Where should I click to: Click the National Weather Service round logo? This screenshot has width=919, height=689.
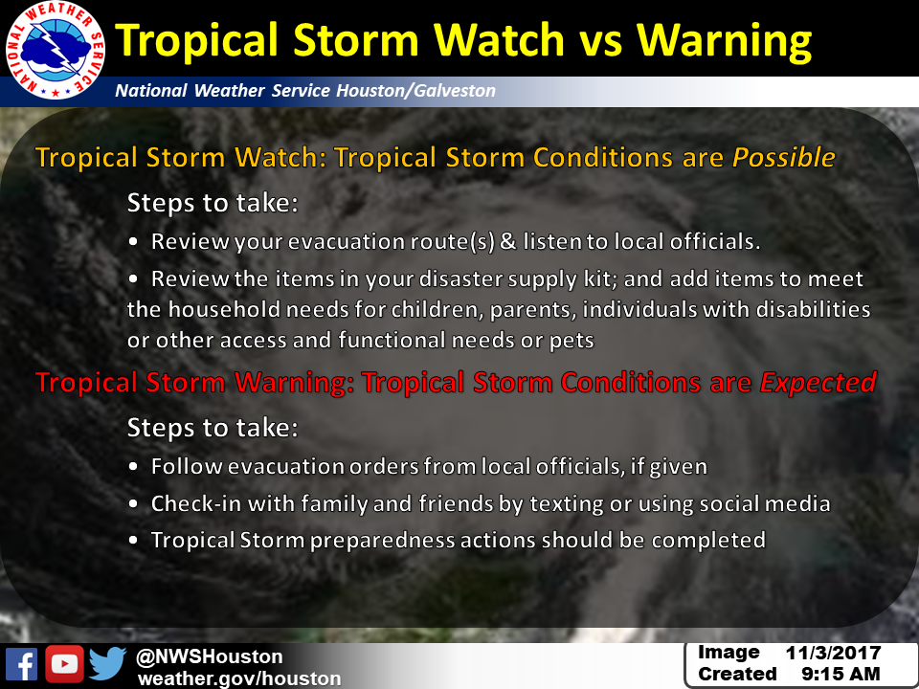pyautogui.click(x=56, y=51)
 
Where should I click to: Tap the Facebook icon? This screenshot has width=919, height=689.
pyautogui.click(x=22, y=664)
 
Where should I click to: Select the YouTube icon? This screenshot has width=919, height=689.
pyautogui.click(x=64, y=664)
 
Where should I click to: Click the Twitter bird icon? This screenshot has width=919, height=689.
pyautogui.click(x=108, y=663)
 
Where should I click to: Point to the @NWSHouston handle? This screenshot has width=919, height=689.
pyautogui.click(x=210, y=656)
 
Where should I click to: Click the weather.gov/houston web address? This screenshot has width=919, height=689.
pyautogui.click(x=239, y=678)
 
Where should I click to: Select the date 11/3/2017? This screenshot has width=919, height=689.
pyautogui.click(x=833, y=653)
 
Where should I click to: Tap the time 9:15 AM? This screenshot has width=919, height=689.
pyautogui.click(x=841, y=675)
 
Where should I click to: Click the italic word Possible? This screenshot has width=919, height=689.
pyautogui.click(x=784, y=157)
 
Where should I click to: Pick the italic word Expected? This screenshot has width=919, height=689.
pyautogui.click(x=818, y=382)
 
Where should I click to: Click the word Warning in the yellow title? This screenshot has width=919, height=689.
pyautogui.click(x=724, y=41)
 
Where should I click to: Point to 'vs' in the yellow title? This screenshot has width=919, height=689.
pyautogui.click(x=600, y=42)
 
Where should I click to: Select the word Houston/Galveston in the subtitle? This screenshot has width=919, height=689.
pyautogui.click(x=415, y=90)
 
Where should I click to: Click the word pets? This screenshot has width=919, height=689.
pyautogui.click(x=572, y=341)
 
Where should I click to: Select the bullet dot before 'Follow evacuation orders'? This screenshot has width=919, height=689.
pyautogui.click(x=133, y=467)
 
